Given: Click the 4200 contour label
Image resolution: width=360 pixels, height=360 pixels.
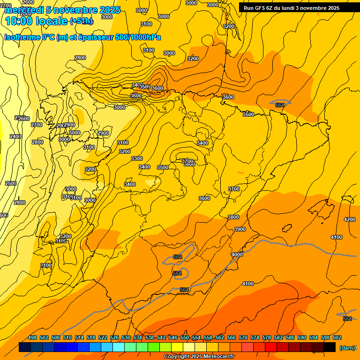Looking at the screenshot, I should pos(349,219).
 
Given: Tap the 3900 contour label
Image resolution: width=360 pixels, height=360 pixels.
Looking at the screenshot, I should pos(240,229).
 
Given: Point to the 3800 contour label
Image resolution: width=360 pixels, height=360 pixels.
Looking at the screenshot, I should pos(233,217).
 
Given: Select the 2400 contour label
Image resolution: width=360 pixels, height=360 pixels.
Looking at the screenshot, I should pos(15,136).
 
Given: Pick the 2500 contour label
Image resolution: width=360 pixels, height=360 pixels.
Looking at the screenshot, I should pos(11,183).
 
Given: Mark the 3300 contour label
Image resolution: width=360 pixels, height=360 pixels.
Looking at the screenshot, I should pos(137,159).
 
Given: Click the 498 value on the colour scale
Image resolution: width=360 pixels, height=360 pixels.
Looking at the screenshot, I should pos(32,337).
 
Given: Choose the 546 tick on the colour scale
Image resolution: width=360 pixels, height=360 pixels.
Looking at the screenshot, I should pos(173,337).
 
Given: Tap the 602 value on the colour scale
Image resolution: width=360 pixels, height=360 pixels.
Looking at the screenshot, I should pos(337,337).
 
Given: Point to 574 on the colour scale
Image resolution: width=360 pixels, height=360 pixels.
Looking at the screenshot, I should pos(255,337).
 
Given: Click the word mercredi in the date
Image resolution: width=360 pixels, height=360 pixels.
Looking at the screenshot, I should pos(23,10).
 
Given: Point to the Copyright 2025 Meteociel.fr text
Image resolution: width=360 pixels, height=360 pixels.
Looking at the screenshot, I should pos(199,357).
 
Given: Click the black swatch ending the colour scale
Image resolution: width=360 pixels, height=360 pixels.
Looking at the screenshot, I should pos(330,347).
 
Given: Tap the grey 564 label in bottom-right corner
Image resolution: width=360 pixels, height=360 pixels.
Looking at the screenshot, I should pos(347,319).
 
